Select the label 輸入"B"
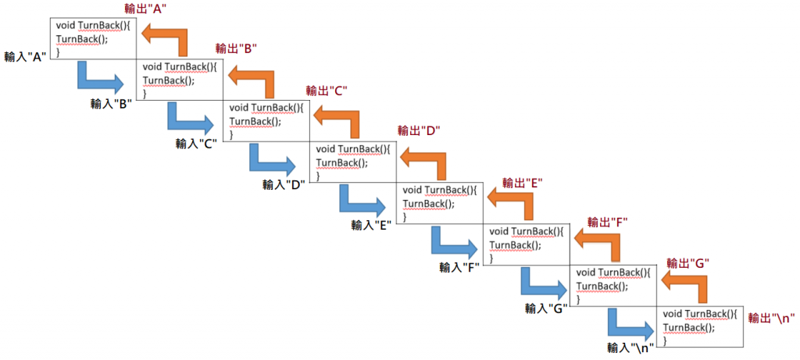click(x=110, y=102)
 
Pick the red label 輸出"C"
click(x=327, y=90)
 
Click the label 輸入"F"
click(x=459, y=267)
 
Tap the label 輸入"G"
click(x=545, y=308)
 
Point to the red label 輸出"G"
click(x=687, y=263)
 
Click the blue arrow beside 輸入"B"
click(x=100, y=79)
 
